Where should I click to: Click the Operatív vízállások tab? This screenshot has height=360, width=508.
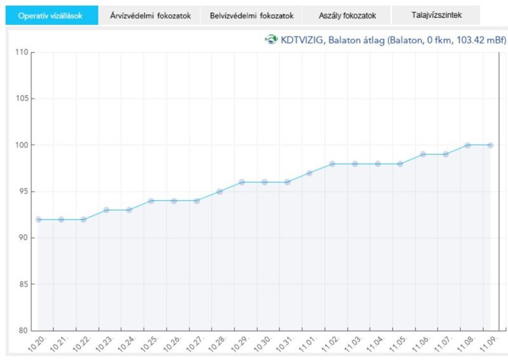51,15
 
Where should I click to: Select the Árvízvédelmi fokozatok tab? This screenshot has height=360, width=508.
150,15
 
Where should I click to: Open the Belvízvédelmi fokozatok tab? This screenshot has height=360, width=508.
251,15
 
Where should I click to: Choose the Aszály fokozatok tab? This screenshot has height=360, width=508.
347,15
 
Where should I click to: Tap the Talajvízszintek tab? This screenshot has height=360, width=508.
436,15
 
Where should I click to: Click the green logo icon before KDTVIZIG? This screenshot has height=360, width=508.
271,40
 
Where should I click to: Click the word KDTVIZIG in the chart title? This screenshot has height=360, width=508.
302,40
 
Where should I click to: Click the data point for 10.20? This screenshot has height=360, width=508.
38,219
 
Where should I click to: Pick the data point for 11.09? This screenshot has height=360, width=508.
490,145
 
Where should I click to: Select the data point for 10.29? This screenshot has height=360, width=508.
242,182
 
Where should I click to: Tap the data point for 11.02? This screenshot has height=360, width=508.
332,164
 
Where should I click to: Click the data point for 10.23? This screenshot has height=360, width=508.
106,210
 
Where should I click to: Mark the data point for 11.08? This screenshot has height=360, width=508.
468,145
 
